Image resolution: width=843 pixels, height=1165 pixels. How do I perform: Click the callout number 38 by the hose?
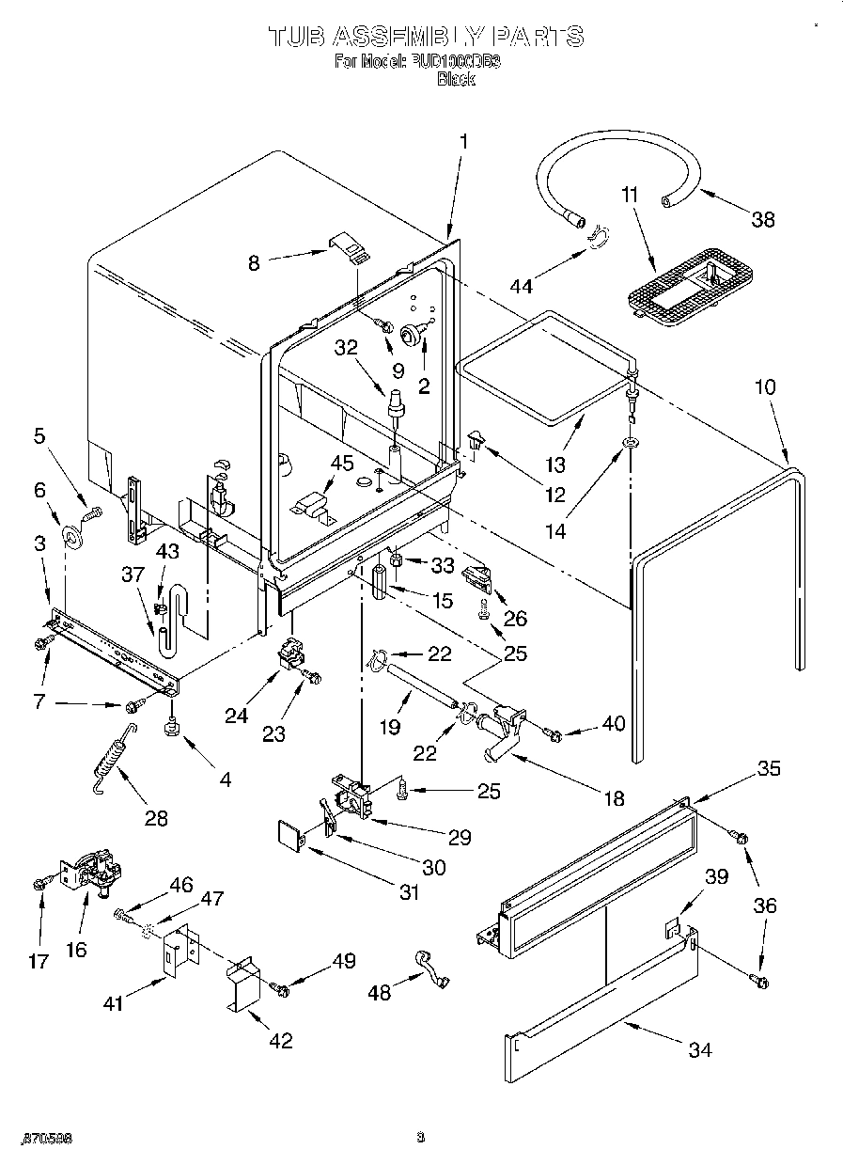[763, 219]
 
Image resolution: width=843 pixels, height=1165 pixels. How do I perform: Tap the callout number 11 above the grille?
[629, 195]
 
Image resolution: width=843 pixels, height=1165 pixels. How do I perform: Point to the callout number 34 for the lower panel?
[699, 1049]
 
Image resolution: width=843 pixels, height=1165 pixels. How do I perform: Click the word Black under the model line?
[456, 80]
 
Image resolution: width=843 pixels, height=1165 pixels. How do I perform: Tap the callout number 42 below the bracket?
[279, 1040]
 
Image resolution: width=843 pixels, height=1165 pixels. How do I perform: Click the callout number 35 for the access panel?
[768, 769]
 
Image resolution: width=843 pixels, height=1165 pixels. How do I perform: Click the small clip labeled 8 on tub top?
[350, 247]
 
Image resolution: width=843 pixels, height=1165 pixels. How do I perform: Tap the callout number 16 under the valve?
[76, 949]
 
